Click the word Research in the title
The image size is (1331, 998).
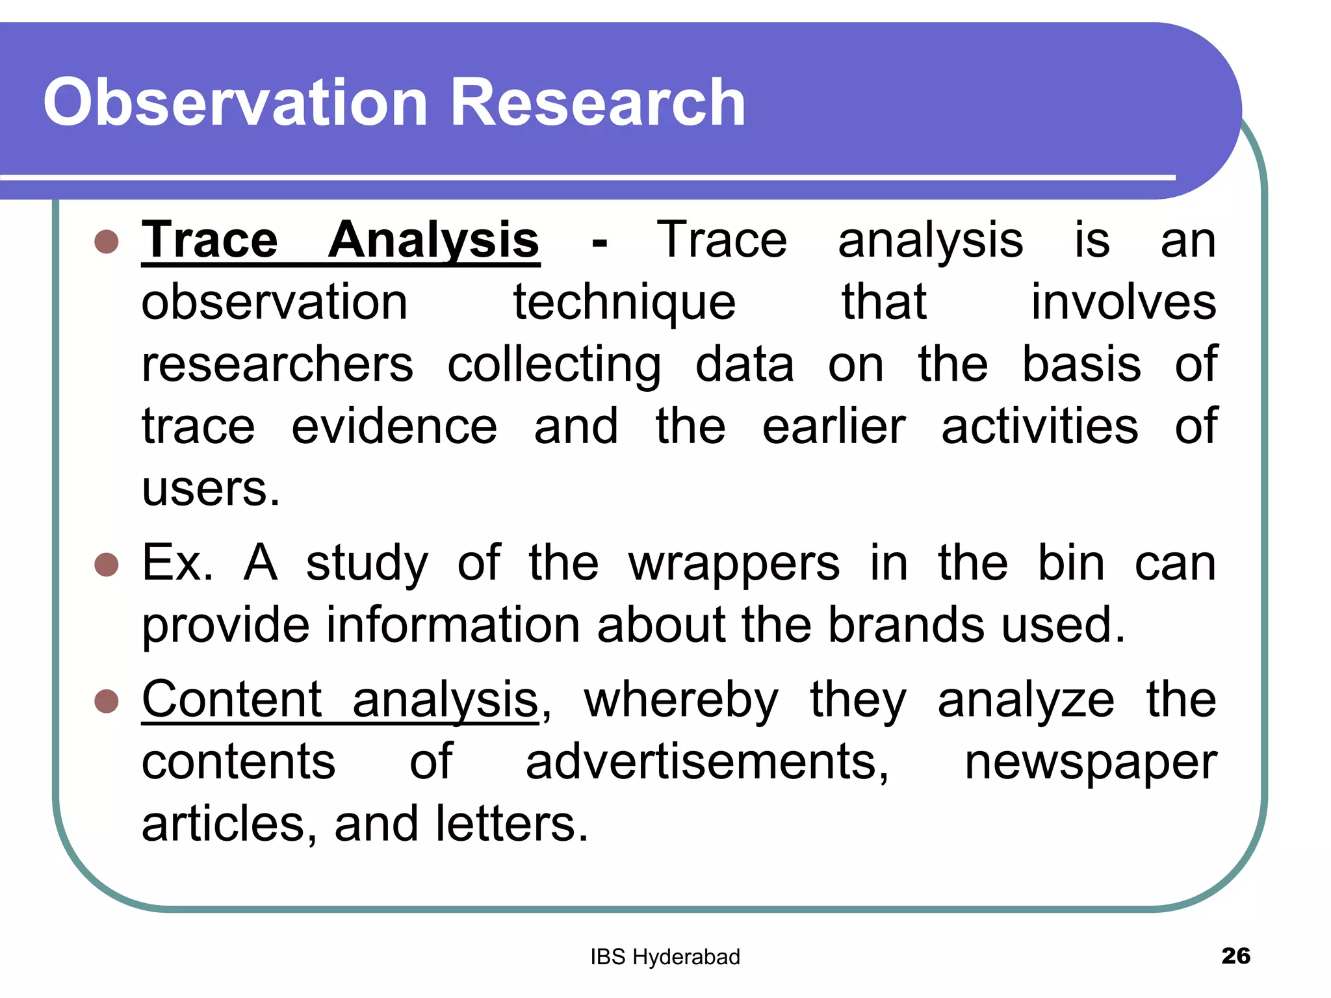tap(597, 103)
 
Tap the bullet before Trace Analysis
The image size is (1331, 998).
tap(107, 242)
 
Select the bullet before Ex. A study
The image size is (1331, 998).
tap(107, 565)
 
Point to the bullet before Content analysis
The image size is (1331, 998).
tap(107, 702)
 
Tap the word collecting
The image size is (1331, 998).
tap(554, 365)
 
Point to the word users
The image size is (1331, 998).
tap(211, 489)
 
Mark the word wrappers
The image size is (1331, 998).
tap(734, 564)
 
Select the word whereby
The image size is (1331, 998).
tap(681, 702)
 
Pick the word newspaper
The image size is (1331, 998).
tap(1091, 763)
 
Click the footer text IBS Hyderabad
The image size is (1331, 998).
tap(665, 957)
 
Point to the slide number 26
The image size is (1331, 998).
tap(1235, 956)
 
